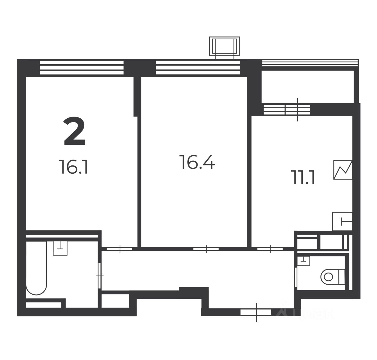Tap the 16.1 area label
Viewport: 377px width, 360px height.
tap(73, 167)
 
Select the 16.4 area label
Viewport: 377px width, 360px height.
tap(197, 162)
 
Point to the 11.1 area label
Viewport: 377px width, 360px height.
tap(304, 177)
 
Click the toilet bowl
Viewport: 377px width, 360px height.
tap(333, 277)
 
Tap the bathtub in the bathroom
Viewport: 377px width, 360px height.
tap(37, 268)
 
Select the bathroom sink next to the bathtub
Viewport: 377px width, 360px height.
tap(60, 248)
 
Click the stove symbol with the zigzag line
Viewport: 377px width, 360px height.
tap(343, 170)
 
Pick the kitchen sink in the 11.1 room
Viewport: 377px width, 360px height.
tap(342, 221)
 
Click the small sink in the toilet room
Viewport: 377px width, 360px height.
tap(303, 261)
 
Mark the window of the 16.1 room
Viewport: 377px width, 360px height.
tap(82, 68)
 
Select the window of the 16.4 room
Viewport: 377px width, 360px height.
tap(198, 68)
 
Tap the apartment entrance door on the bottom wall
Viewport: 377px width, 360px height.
tap(256, 312)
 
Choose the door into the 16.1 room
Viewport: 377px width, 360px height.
tap(120, 249)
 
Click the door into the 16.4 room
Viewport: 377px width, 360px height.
tap(206, 249)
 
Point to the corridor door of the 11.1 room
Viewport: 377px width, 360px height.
tap(270, 249)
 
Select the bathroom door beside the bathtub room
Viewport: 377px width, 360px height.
tap(99, 276)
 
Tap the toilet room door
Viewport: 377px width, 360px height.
tap(296, 277)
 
